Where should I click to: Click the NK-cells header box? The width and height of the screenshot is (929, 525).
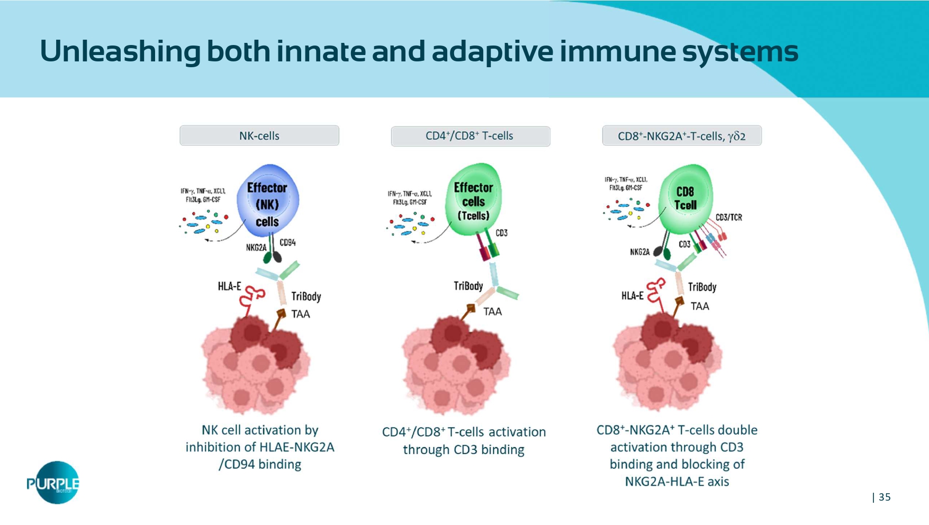pos(259,135)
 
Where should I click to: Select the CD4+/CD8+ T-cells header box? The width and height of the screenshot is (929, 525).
pos(470,136)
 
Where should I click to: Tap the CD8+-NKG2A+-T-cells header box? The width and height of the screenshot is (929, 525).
pos(682,136)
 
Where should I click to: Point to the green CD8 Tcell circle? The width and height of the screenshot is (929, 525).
pos(686,198)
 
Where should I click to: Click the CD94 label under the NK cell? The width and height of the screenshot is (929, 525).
pos(287,242)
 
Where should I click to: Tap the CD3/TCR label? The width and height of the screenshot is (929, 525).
pos(728,218)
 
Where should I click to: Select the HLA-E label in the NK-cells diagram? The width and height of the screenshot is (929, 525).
pos(229,286)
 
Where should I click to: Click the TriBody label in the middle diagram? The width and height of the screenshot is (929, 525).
pos(468,286)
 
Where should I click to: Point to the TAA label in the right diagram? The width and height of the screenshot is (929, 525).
pos(699,306)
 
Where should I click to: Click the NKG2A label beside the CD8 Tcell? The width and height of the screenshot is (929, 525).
pos(639,252)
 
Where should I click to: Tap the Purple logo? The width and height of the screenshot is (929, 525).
pos(53,482)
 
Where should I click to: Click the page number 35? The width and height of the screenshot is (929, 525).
pos(885,497)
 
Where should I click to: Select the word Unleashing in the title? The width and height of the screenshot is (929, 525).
pos(120,51)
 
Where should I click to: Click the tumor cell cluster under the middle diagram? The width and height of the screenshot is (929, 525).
pos(455,365)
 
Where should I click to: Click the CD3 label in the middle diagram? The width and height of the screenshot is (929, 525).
pos(501,233)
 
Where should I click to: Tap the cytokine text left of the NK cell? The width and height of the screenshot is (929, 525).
pos(203,195)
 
